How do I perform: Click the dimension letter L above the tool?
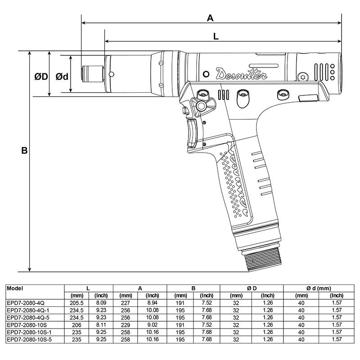pyautogui.click(x=216, y=37)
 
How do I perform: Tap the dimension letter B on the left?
pyautogui.click(x=24, y=151)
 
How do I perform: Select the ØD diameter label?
pyautogui.click(x=41, y=77)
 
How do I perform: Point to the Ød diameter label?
pyautogui.click(x=62, y=77)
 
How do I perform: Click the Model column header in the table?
pyautogui.click(x=16, y=288)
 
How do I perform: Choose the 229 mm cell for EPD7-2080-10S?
pyautogui.click(x=126, y=324)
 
